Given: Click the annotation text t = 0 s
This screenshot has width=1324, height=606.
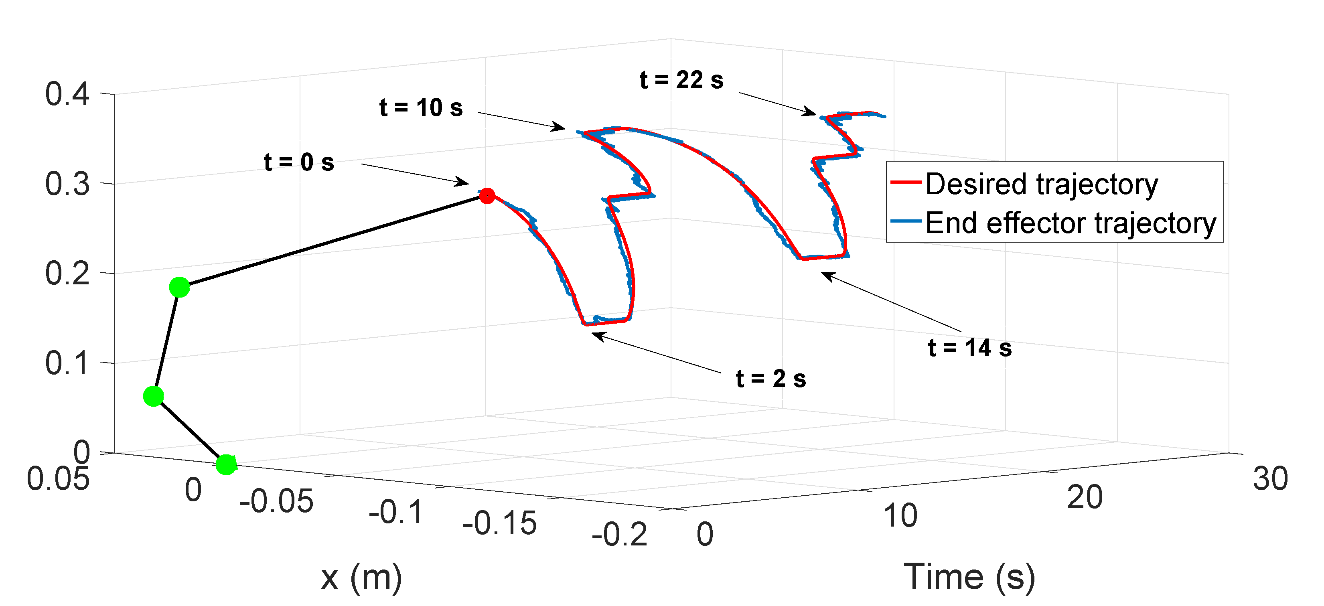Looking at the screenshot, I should [299, 162].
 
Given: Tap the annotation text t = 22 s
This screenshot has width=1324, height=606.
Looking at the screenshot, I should [681, 80].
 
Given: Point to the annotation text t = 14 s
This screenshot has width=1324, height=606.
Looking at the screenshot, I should [969, 348].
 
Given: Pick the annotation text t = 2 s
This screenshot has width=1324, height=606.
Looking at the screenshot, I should [770, 379].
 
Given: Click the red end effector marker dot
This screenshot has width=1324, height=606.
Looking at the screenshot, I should [487, 195].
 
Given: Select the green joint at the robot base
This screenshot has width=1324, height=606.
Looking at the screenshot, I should [226, 464].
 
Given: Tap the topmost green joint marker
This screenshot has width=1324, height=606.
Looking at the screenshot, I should [179, 287].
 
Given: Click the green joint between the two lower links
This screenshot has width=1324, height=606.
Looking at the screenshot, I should [153, 396].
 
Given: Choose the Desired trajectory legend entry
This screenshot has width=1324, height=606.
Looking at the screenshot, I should [1041, 184].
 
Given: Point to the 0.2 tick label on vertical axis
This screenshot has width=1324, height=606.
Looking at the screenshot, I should [67, 274].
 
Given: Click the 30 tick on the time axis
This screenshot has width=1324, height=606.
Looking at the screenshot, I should [1270, 478].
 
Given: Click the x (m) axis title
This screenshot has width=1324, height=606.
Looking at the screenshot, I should [361, 577].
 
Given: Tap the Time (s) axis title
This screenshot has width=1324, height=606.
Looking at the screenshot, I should [969, 577].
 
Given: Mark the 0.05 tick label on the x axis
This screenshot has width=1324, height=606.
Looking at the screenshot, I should [58, 478].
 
